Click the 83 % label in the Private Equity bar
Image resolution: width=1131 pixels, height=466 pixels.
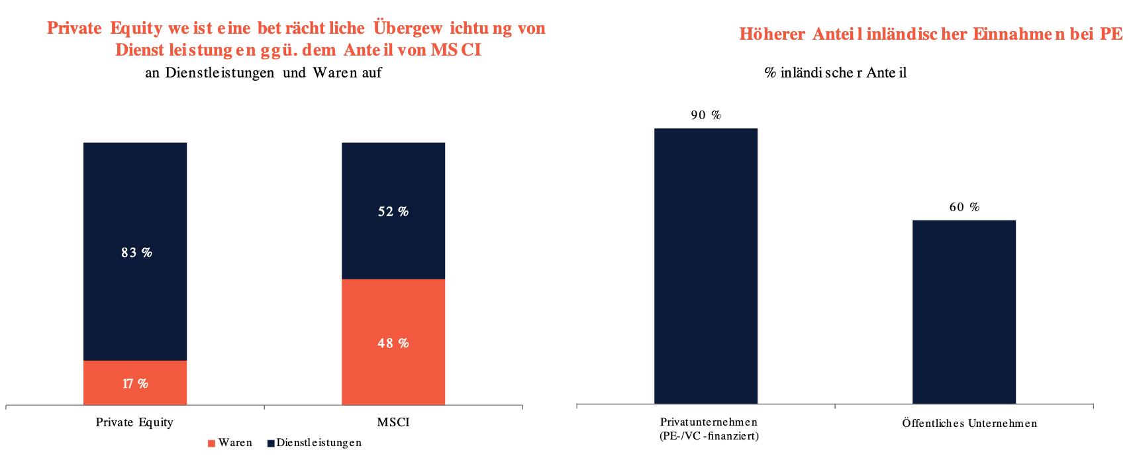(x=136, y=252)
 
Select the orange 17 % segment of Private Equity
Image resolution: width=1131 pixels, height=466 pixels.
(x=135, y=383)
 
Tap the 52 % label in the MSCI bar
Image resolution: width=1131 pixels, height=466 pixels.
(x=393, y=212)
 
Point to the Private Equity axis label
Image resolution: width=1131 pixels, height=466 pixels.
(x=134, y=422)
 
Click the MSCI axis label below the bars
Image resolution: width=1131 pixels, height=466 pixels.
(x=393, y=422)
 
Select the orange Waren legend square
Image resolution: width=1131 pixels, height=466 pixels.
(x=211, y=443)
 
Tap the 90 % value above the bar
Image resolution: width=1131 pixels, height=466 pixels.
(x=706, y=115)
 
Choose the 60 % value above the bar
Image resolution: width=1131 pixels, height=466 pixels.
(x=964, y=207)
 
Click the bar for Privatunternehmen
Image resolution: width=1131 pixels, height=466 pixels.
(x=706, y=265)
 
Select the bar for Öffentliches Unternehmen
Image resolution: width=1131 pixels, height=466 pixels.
(x=964, y=311)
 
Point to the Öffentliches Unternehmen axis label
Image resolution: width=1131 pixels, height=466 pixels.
(x=969, y=423)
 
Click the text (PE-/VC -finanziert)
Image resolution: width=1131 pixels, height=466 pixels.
(x=709, y=436)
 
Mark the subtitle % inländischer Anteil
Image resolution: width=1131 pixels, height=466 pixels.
(x=836, y=73)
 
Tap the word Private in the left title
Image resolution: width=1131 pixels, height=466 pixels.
(x=74, y=28)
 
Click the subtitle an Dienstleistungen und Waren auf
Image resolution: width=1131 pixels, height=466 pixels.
(x=264, y=73)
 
